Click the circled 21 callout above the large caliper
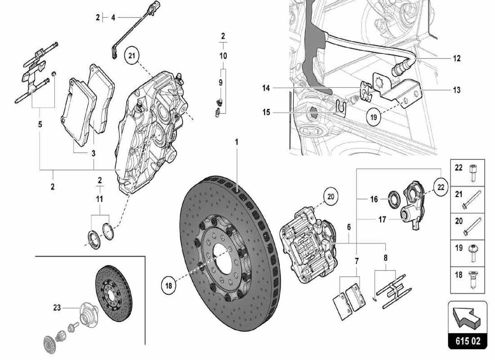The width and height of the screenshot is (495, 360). point(131,56)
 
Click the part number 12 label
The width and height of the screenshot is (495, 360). point(457,58)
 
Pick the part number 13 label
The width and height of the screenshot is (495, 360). point(457,90)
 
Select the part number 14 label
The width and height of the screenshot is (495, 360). point(266,88)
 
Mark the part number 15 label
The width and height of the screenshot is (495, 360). point(266,112)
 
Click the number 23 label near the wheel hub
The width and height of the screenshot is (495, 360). point(57,308)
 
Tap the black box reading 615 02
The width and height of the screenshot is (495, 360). point(468,341)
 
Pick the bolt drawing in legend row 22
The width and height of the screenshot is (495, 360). point(473,171)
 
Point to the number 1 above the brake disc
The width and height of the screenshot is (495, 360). point(236,142)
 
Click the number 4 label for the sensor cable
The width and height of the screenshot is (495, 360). point(113,18)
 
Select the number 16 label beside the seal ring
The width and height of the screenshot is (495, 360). point(374,198)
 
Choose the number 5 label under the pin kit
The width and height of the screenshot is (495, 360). point(40,124)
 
